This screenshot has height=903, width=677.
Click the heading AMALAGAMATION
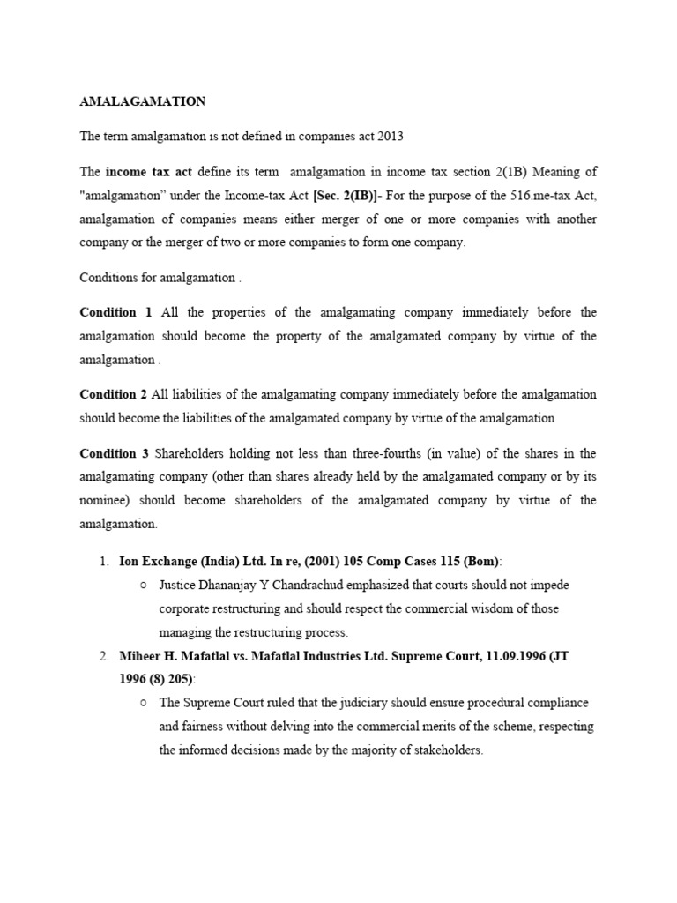click(143, 101)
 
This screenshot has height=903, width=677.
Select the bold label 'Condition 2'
click(114, 394)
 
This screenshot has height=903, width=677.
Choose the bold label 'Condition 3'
click(114, 453)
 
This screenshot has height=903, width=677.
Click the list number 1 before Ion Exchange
click(102, 561)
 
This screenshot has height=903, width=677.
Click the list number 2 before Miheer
click(102, 656)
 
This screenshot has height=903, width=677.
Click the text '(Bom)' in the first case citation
click(479, 561)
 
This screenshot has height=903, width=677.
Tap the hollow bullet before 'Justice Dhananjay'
click(143, 585)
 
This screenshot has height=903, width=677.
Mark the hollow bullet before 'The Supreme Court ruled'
click(143, 703)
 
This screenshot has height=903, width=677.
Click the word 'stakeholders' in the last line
click(446, 750)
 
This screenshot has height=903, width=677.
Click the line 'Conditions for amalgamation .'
click(160, 277)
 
